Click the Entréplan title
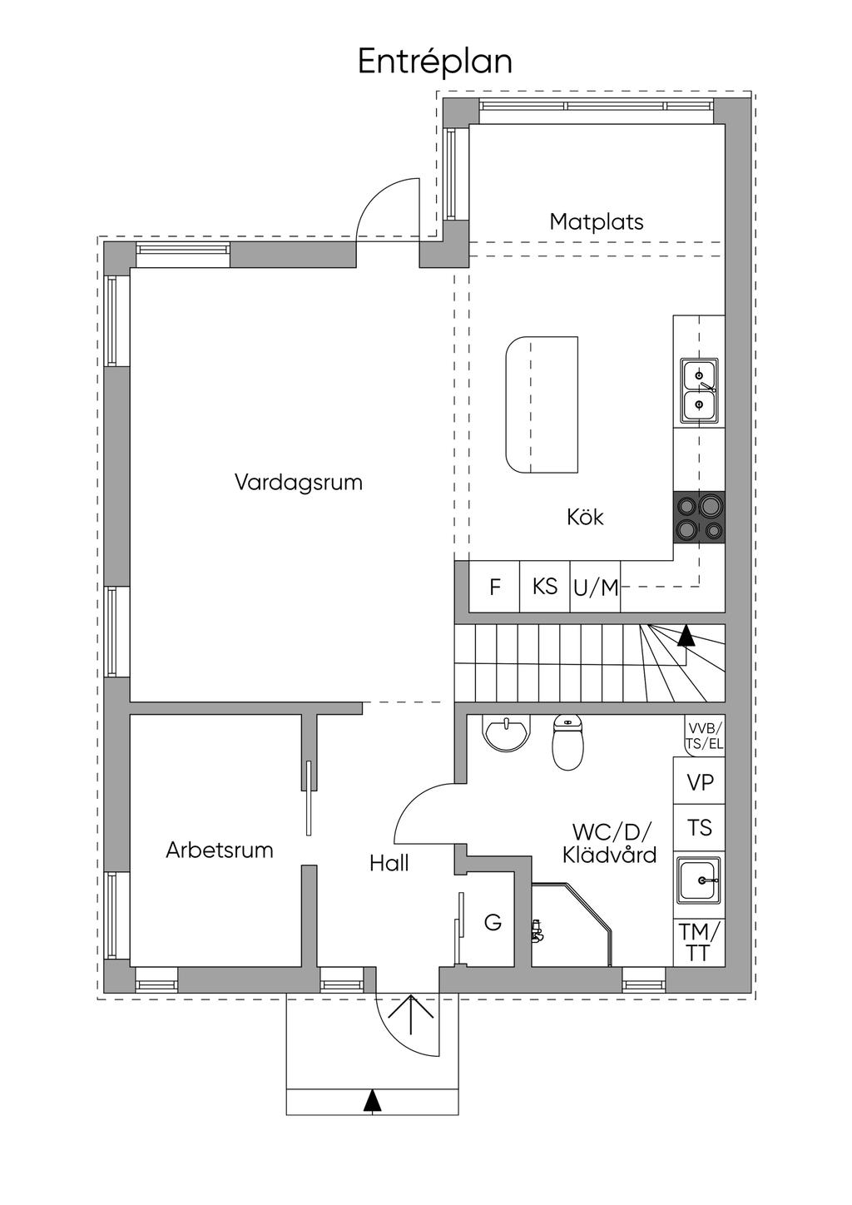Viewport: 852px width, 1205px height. [x=434, y=62]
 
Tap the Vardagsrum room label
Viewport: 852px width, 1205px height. [x=299, y=483]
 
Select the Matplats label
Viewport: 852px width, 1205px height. [x=596, y=222]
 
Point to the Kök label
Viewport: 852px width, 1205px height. [x=585, y=517]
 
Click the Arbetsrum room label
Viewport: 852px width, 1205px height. [x=220, y=850]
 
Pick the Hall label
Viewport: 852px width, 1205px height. [x=389, y=864]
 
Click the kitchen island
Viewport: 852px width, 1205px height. [x=542, y=404]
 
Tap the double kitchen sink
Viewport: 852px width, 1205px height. [x=699, y=391]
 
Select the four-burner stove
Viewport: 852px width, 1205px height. [x=699, y=517]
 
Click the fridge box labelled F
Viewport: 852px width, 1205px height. [x=495, y=588]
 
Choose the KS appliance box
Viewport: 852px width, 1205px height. [x=545, y=587]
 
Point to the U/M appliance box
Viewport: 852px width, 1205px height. [x=596, y=588]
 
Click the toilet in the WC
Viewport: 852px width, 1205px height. [x=568, y=743]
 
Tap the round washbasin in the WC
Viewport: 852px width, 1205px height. [x=506, y=734]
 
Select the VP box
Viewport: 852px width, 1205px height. [x=699, y=782]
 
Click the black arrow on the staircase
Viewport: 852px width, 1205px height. [x=686, y=637]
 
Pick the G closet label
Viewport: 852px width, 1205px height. [x=493, y=922]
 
